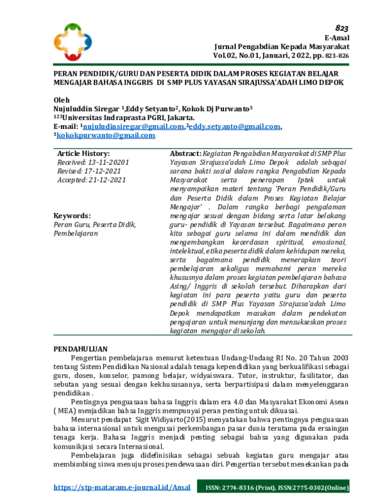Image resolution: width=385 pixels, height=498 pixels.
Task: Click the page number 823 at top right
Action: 341,29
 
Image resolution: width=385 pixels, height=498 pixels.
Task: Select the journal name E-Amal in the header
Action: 336,39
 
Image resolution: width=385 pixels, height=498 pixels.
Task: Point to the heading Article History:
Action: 83,155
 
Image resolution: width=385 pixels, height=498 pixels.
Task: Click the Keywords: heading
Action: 72,216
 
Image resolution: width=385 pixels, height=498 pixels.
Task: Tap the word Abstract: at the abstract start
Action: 185,155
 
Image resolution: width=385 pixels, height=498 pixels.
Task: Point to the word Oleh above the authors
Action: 61,101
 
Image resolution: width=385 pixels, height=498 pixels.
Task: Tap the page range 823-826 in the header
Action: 336,56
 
